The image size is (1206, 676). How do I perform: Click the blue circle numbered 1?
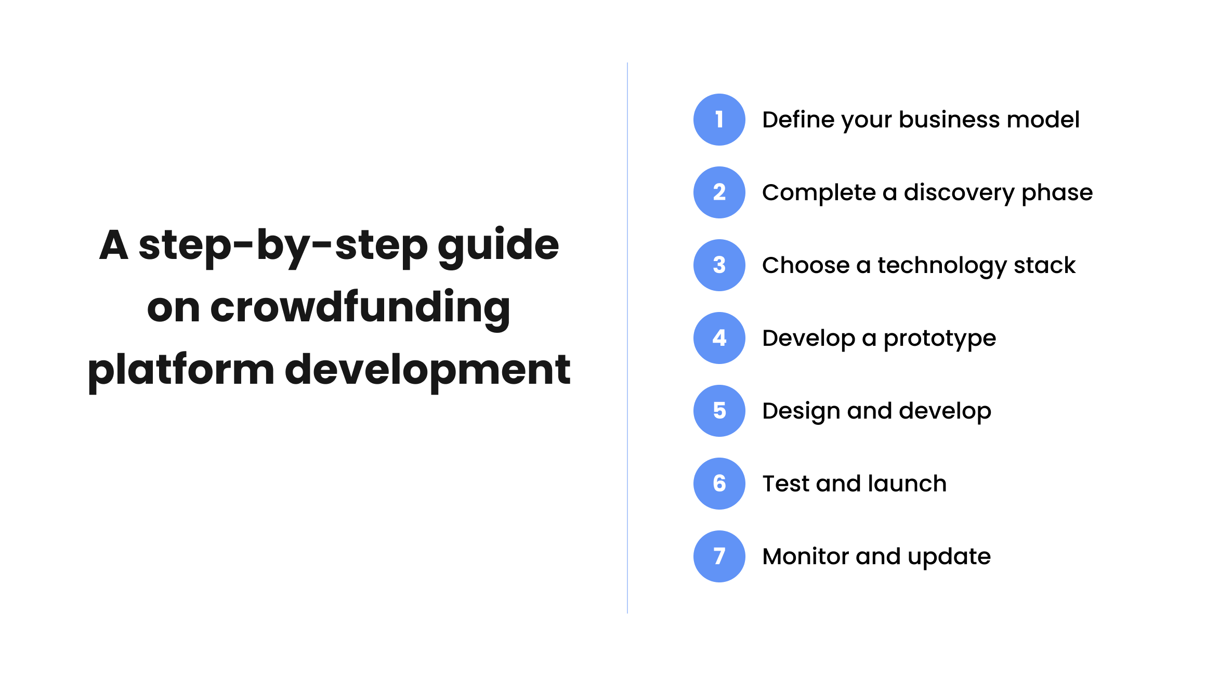pyautogui.click(x=719, y=120)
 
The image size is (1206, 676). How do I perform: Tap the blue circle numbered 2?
pyautogui.click(x=719, y=192)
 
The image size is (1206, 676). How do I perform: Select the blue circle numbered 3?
pyautogui.click(x=719, y=265)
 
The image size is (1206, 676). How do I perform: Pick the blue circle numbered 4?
pyautogui.click(x=719, y=338)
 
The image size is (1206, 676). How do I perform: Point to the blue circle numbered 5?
pyautogui.click(x=719, y=411)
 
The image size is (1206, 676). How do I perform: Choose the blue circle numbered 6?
pyautogui.click(x=719, y=484)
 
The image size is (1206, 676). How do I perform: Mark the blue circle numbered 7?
pyautogui.click(x=719, y=556)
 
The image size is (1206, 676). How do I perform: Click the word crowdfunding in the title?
pyautogui.click(x=360, y=308)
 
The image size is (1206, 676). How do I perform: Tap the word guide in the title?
pyautogui.click(x=498, y=245)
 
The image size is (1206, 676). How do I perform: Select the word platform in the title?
pyautogui.click(x=181, y=370)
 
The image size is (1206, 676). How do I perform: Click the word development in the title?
pyautogui.click(x=427, y=370)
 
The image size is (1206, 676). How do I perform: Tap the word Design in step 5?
pyautogui.click(x=801, y=411)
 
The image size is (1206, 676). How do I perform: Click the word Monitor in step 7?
pyautogui.click(x=806, y=556)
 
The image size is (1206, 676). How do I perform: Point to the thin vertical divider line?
pyautogui.click(x=627, y=338)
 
